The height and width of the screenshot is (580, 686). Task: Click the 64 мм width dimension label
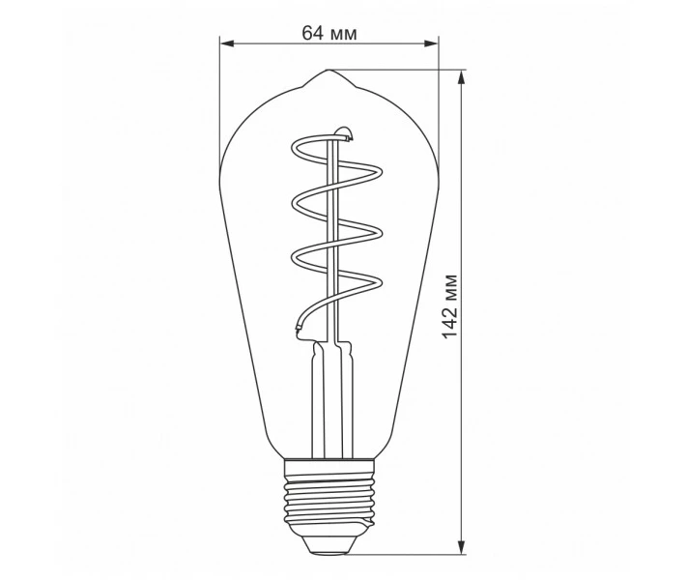point(329,33)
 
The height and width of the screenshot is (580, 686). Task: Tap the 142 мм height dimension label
point(449,306)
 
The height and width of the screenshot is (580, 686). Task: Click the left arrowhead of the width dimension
point(228,43)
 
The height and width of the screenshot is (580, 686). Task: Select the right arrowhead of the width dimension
point(430,43)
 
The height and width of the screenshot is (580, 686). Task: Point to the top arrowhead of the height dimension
point(461,79)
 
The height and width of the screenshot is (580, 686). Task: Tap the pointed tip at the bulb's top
point(329,70)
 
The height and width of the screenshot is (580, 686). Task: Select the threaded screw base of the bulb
point(329,504)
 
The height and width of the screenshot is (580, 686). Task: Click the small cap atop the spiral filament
point(344,133)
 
